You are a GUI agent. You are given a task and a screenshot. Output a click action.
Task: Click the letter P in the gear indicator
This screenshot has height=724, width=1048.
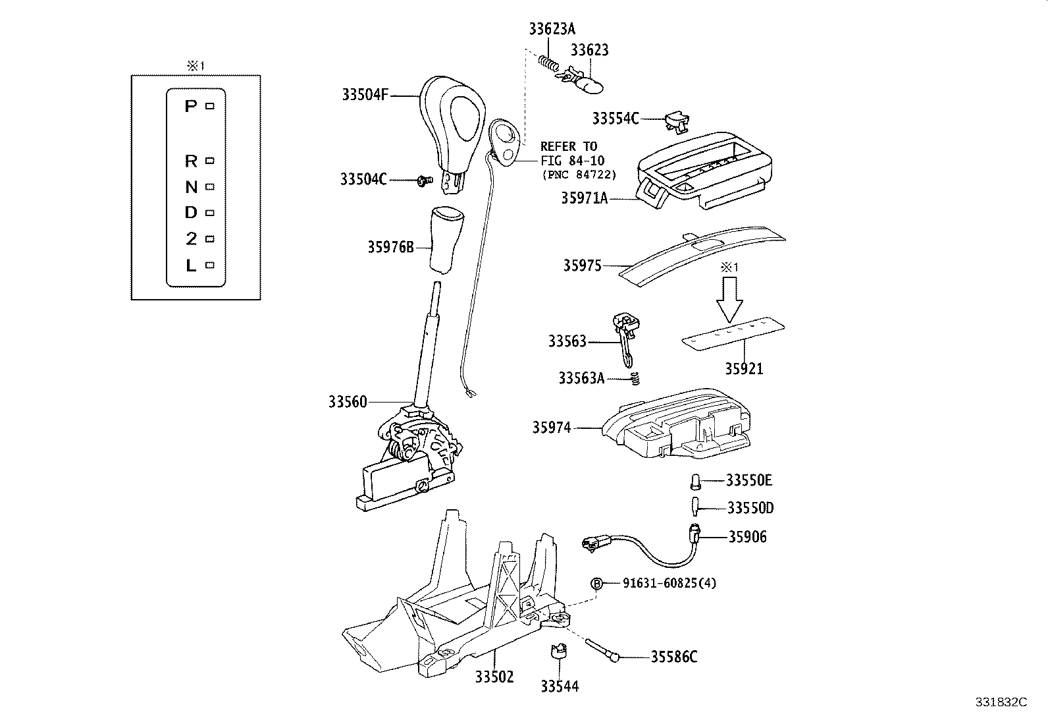[x=190, y=105]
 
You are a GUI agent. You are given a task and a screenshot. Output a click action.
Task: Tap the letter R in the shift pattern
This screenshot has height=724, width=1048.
[x=191, y=161]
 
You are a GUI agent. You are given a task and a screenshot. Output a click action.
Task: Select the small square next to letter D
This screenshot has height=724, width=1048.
[x=210, y=213]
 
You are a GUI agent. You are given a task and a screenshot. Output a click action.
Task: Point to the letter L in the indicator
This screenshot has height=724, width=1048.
[x=191, y=265]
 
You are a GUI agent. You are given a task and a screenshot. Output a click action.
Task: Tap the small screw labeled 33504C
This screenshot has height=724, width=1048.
[x=423, y=179]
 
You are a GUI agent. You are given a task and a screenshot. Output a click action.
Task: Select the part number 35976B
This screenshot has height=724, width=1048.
[x=390, y=247]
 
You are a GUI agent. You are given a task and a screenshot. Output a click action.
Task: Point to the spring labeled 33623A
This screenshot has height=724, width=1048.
[x=548, y=63]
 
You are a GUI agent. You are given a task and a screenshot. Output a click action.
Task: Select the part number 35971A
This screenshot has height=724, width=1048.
[x=584, y=197]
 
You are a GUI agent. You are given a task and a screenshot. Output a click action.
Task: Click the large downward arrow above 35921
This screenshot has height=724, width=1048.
[x=729, y=300]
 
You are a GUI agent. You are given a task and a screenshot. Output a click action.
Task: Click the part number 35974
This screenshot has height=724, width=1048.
[x=551, y=428]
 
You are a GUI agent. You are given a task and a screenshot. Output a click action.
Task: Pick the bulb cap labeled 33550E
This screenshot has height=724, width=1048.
[x=695, y=481]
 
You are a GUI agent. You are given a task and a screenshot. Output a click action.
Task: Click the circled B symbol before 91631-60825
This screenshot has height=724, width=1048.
[x=597, y=583]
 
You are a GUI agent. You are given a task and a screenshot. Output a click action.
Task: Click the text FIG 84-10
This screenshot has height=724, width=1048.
[x=571, y=160]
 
